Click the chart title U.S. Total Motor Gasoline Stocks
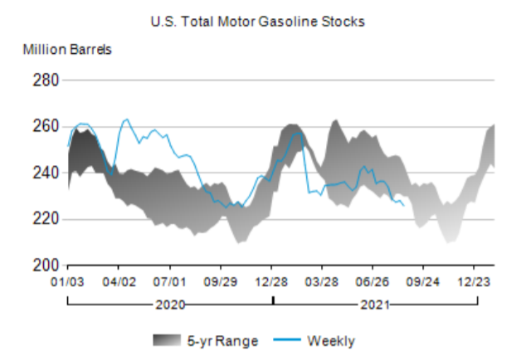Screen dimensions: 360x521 (257, 21)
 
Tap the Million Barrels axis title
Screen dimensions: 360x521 (67, 48)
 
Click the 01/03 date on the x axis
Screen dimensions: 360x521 (68, 282)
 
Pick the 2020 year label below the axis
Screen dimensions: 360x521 (170, 304)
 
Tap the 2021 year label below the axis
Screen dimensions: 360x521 (376, 304)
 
